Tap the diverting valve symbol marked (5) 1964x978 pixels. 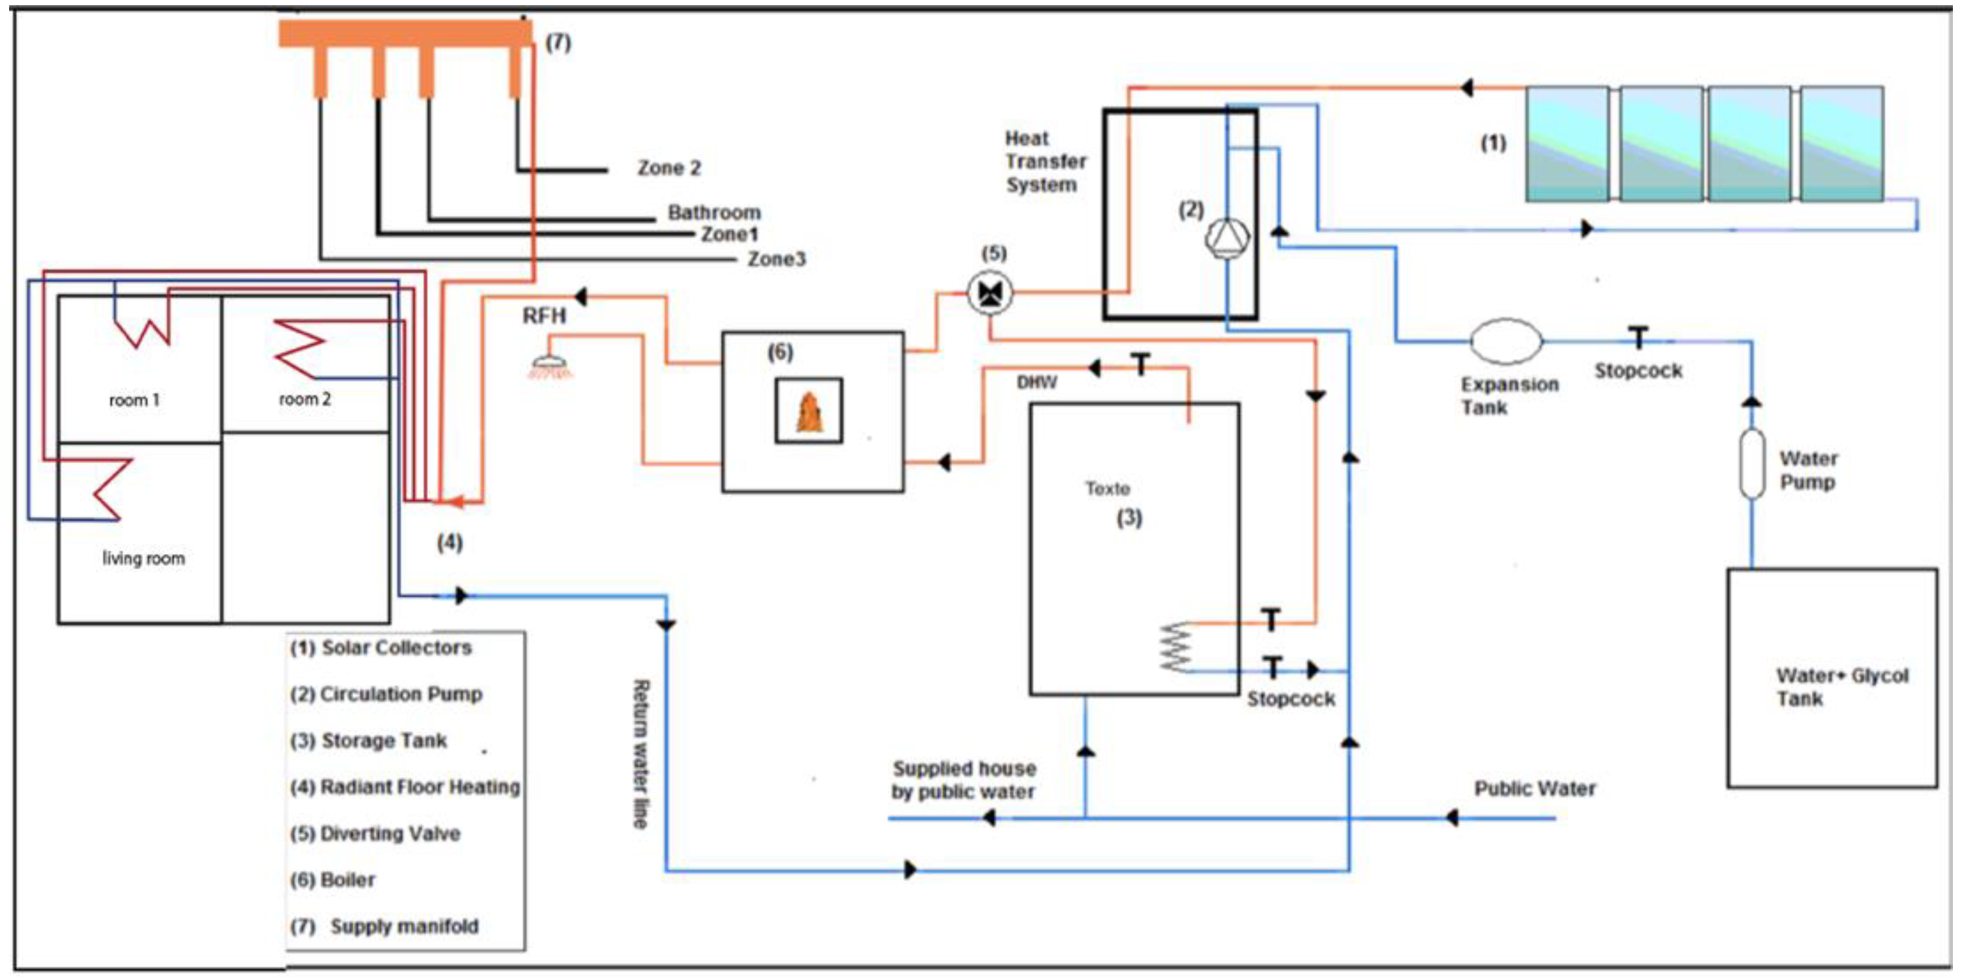coord(990,293)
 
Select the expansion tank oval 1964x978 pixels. coord(1506,341)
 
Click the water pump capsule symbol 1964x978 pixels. coord(1752,464)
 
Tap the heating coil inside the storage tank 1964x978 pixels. coord(1175,648)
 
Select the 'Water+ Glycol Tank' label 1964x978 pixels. coord(1841,687)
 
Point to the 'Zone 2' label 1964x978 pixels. coord(669,168)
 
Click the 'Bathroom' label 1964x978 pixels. coord(714,212)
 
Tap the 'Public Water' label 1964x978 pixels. coord(1535,788)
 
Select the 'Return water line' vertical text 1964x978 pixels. coord(641,754)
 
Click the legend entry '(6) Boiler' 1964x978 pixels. coord(333,880)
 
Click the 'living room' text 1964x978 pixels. coord(144,559)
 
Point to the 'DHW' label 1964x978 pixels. coord(1037,382)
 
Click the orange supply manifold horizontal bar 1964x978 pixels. coord(405,33)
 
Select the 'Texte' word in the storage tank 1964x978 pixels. coord(1108,488)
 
